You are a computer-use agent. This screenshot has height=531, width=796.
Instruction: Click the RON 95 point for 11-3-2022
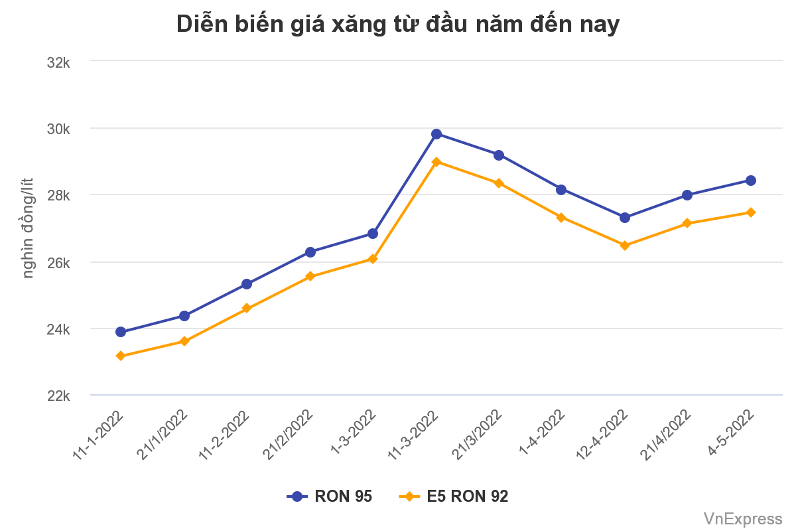pos(436,134)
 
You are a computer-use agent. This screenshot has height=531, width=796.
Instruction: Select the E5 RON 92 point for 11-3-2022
pos(436,162)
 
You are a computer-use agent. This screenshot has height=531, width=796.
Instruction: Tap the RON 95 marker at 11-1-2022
pos(121,332)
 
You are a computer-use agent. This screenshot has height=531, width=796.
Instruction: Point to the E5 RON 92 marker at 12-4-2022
pos(624,246)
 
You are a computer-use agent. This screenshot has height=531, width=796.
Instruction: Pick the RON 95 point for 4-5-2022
pos(751,181)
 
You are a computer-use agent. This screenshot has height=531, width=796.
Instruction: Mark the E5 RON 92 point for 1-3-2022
pos(373,259)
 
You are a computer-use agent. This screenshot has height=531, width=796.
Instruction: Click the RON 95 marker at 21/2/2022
pos(310,252)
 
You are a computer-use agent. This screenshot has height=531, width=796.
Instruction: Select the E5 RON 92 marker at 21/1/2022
pos(184,341)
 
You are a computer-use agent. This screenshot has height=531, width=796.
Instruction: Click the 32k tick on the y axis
pos(59,62)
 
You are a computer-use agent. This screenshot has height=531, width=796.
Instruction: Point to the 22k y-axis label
pos(59,396)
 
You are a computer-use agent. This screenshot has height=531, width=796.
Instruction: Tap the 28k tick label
pos(59,196)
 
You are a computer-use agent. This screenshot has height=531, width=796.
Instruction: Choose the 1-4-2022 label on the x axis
pos(543,432)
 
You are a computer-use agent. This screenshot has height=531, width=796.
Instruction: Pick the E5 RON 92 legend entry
pos(454,496)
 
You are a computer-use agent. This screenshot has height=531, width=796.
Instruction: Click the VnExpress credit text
pos(743,518)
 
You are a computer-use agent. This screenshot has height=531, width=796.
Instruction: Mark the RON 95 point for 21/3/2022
pos(498,155)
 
